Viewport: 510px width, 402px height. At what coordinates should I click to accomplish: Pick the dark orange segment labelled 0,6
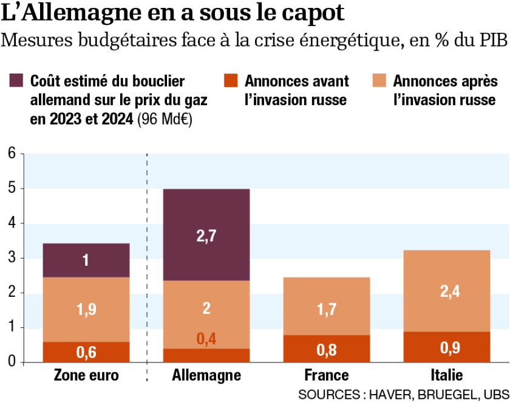(x=86, y=352)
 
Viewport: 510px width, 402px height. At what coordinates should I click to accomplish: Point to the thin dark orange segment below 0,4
(x=206, y=355)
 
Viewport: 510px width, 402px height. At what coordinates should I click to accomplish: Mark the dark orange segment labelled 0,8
(x=327, y=349)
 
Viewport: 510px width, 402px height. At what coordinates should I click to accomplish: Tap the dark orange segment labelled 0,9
(x=447, y=347)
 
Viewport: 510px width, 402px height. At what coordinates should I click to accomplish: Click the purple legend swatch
(x=16, y=80)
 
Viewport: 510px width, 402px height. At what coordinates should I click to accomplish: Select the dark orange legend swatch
(x=231, y=80)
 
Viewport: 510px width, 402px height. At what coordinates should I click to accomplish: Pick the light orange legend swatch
(x=379, y=80)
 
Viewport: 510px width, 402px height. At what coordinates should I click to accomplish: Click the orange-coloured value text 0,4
(x=206, y=339)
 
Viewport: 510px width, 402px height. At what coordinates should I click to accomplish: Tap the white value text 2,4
(x=450, y=291)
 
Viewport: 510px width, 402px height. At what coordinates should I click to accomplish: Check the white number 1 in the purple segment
(x=86, y=260)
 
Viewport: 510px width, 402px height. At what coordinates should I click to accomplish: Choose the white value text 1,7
(x=327, y=310)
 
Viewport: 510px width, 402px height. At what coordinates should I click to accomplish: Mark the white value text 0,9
(x=450, y=348)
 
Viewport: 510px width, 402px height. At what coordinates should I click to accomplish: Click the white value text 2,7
(x=206, y=236)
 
